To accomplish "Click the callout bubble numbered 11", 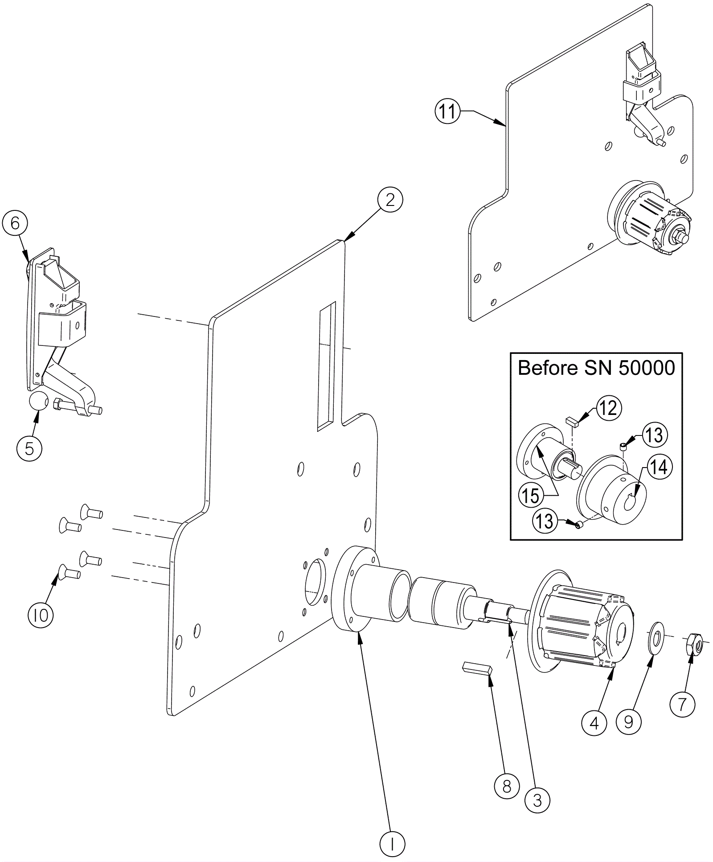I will coord(447,111).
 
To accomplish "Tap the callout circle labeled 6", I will coord(15,223).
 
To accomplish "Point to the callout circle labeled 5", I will coord(29,448).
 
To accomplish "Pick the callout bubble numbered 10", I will coord(41,616).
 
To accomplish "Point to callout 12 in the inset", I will coord(609,409).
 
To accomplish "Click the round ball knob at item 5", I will coord(38,402).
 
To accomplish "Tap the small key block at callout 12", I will coord(571,421).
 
